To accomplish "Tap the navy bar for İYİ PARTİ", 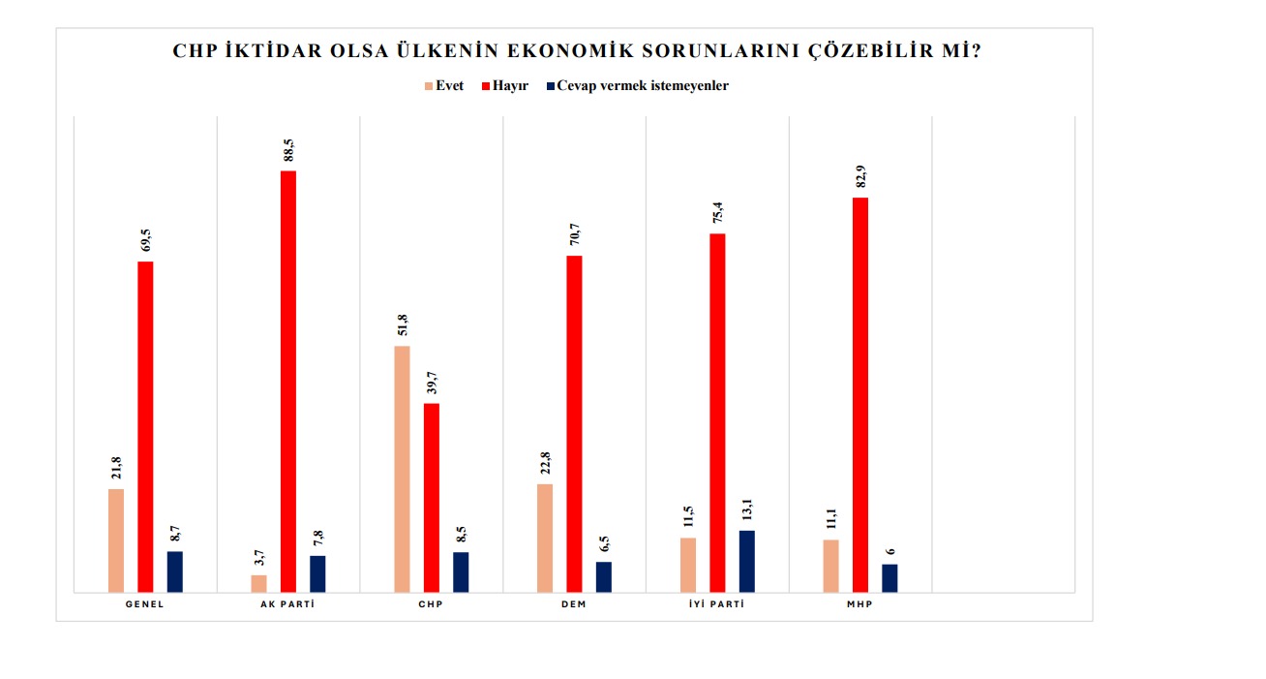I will [746, 561].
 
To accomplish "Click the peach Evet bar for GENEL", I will [116, 540].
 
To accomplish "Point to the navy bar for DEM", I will [603, 576].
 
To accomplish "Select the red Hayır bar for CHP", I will [432, 497].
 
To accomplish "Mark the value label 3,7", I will [259, 559].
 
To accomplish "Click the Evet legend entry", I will [443, 85].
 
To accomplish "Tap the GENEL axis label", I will [144, 604].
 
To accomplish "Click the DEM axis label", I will [573, 604].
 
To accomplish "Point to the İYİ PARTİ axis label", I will [716, 604].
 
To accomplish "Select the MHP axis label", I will [859, 604].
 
